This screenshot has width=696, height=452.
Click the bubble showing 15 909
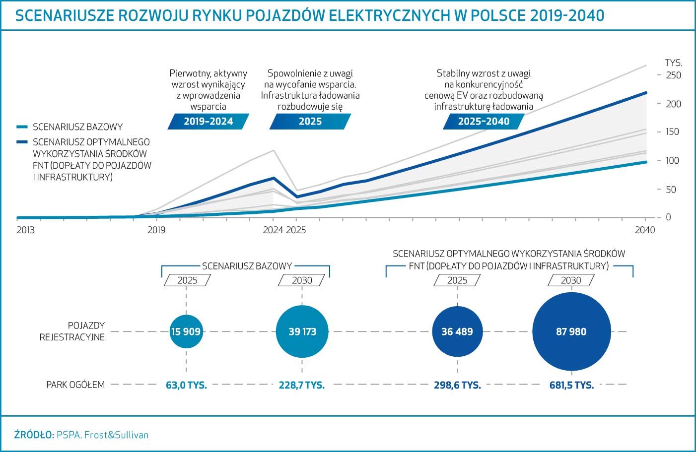[186, 331]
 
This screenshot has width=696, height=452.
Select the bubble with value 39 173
[302, 331]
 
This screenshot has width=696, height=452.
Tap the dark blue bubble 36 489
[457, 331]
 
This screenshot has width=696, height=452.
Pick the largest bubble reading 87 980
[571, 332]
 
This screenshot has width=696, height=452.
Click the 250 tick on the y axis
[673, 75]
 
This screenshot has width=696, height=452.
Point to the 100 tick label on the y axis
[673, 161]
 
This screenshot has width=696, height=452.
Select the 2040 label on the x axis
[645, 230]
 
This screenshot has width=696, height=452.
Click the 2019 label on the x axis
[156, 230]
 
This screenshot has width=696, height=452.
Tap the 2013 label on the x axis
[26, 230]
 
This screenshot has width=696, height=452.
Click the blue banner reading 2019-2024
[209, 122]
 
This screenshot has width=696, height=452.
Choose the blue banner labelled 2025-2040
[484, 122]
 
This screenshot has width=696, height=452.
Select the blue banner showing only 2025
[310, 122]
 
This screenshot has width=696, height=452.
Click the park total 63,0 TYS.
[186, 385]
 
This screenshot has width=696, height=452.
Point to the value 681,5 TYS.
[571, 385]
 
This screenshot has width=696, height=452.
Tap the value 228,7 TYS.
[302, 385]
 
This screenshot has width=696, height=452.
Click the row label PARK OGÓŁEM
[75, 385]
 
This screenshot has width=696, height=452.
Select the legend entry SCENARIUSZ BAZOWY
[77, 127]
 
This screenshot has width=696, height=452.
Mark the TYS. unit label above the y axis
[673, 63]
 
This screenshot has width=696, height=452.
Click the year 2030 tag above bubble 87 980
[571, 280]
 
